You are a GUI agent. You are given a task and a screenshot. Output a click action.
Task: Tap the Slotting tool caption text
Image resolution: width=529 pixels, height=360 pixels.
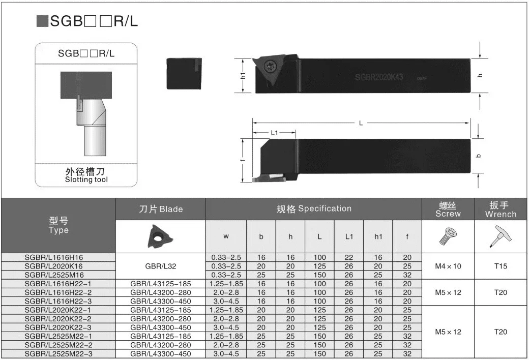tap(86, 179)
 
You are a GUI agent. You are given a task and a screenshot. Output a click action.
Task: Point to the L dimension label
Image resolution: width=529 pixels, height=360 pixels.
tap(361, 123)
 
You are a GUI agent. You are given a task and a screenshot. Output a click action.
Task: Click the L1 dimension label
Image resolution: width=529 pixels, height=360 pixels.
tap(275, 133)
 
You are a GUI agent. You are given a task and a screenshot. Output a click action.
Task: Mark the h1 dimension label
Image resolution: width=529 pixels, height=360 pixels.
tap(243, 75)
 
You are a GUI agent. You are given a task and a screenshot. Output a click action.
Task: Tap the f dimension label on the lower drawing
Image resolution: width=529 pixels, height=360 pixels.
tap(243, 160)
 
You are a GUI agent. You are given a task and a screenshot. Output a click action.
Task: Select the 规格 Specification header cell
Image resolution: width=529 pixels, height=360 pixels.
tap(314, 208)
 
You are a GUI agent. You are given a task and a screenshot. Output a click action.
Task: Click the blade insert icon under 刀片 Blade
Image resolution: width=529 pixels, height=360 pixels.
tap(160, 235)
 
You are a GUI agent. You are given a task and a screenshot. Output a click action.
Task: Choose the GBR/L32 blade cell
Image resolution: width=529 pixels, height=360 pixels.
tap(160, 266)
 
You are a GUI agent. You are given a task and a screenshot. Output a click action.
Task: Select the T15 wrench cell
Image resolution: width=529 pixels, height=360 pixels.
tap(501, 266)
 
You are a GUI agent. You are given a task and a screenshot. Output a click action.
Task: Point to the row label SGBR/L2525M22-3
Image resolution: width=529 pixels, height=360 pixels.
tap(58, 353)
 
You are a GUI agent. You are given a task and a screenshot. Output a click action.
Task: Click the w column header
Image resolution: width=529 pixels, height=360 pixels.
tap(226, 236)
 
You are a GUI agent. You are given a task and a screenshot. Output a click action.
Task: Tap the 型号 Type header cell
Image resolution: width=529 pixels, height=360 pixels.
tap(58, 225)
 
